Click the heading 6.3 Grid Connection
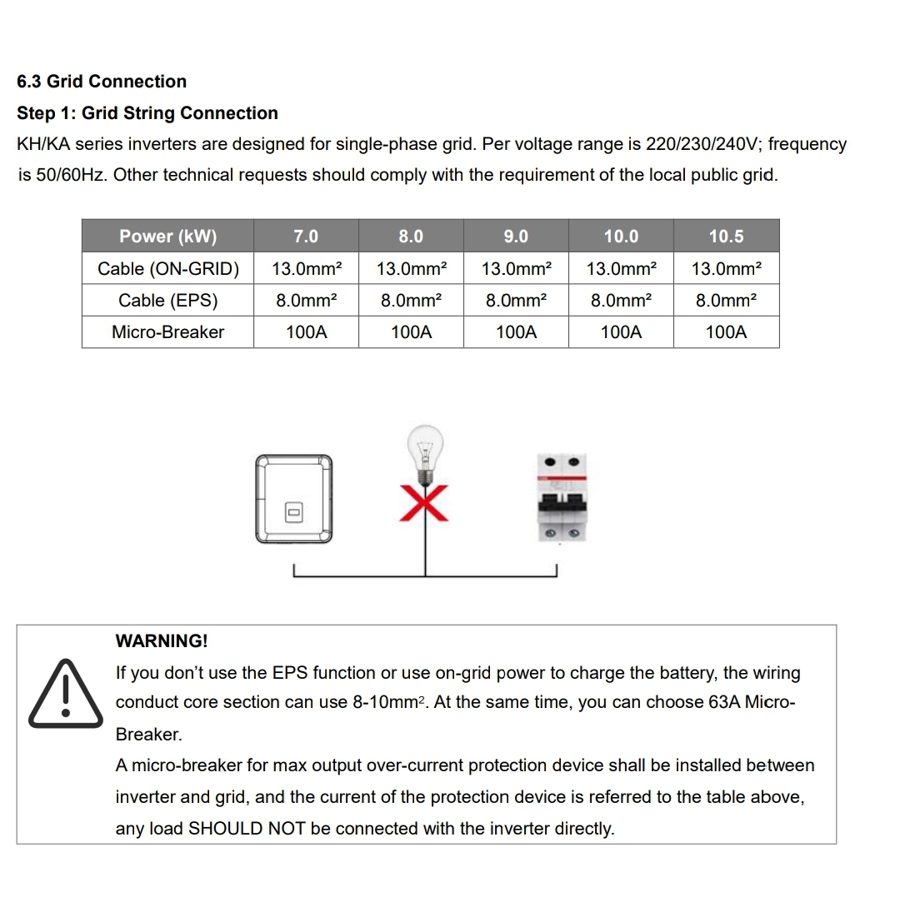[x=102, y=82]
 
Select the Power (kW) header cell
[x=167, y=237]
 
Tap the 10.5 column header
[x=726, y=237]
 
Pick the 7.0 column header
[x=306, y=237]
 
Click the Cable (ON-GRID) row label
[x=167, y=269]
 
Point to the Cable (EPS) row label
[x=167, y=301]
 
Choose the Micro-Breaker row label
[x=167, y=332]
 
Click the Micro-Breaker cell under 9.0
[x=516, y=332]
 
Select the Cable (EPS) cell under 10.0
[x=621, y=301]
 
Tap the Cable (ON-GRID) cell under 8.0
[x=411, y=269]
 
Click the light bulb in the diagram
[x=426, y=453]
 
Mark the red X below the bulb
[x=425, y=501]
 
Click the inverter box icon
[x=293, y=499]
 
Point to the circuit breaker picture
[x=562, y=498]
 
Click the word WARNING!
[x=162, y=641]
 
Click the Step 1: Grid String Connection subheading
[x=147, y=113]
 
